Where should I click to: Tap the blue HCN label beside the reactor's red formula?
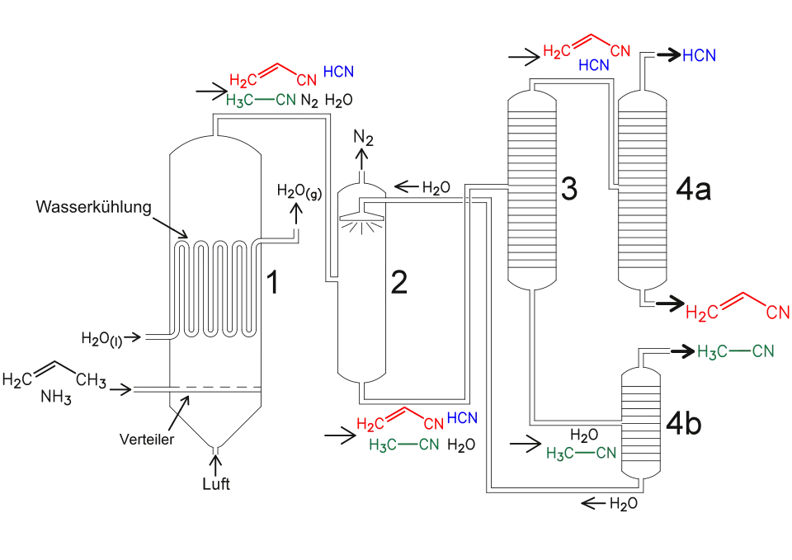point(338,72)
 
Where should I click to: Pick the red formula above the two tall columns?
point(587,48)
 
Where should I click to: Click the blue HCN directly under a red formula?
point(593,64)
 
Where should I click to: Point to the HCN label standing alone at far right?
point(700,56)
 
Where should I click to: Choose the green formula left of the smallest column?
point(581,453)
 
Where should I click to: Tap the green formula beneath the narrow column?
point(406,445)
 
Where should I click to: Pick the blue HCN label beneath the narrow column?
point(461,417)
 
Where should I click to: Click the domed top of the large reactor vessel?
point(214,144)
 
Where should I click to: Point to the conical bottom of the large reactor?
point(214,429)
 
